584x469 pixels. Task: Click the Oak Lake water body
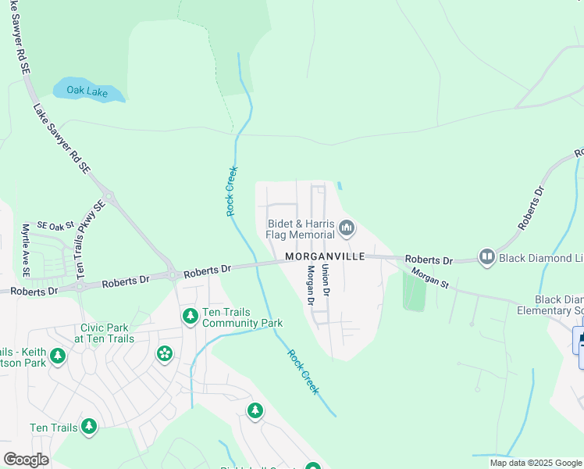pos(88,91)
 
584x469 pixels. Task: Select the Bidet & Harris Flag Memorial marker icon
pos(347,228)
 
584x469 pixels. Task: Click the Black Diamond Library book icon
pos(487,256)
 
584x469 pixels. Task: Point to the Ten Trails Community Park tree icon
pos(190,317)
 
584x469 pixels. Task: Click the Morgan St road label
pos(429,279)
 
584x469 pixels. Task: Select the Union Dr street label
pos(326,279)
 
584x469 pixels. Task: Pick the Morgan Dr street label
pos(311,285)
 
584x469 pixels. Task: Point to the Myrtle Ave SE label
pos(26,250)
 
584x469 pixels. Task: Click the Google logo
pos(27,460)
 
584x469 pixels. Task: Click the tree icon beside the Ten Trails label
pos(89,426)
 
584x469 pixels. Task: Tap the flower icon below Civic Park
pos(164,354)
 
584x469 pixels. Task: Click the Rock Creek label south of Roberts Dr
pos(303,371)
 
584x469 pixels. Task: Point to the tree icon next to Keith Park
pos(57,356)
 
